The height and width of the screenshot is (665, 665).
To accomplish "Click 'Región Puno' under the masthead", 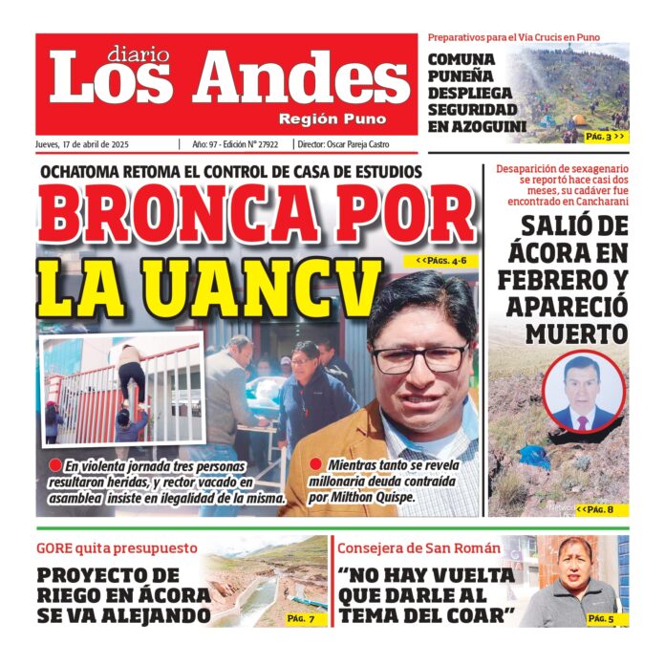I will pos(332,119).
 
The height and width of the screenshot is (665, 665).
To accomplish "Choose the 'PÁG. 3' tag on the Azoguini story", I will pos(607,137).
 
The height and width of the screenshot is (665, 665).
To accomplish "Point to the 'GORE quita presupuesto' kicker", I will pos(117,548).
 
